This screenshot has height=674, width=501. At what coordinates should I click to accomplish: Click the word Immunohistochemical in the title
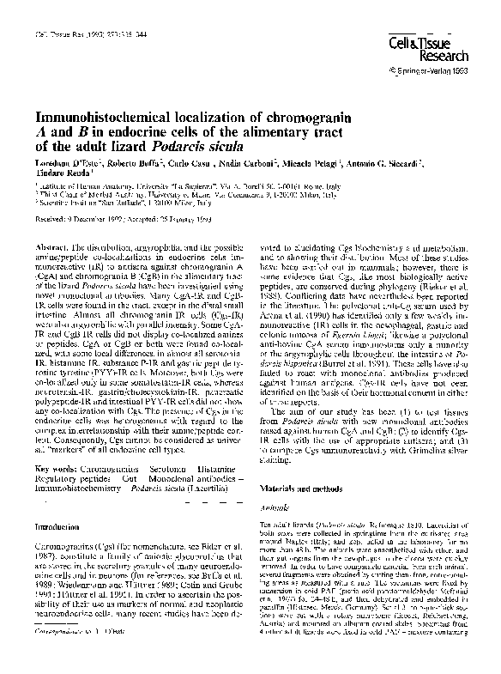tap(100, 117)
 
